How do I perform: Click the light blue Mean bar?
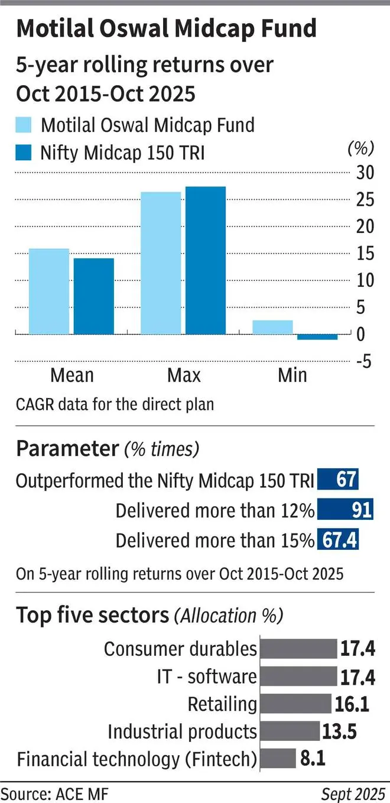pos(49,292)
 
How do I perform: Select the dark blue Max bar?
pos(205,261)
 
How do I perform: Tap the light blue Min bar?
pos(272,328)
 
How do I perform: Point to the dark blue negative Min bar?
pos(317,337)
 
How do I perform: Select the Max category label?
pos(184,375)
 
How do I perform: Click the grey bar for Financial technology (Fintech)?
pos(278,759)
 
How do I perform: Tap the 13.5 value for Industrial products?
pos(339,731)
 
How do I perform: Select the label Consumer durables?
pos(180,649)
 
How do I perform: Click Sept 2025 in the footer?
pos(352,791)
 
